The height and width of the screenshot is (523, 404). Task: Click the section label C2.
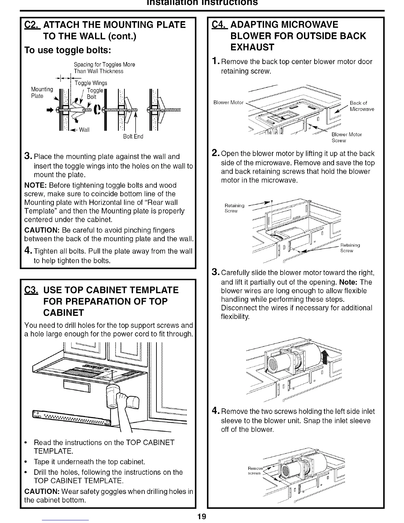pyautogui.click(x=32, y=25)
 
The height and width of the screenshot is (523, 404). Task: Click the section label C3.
pyautogui.click(x=32, y=290)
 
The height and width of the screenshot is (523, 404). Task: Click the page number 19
pyautogui.click(x=202, y=517)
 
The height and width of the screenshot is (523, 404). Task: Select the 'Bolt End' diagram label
pyautogui.click(x=133, y=136)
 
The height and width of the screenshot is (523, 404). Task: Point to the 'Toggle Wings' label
pyautogui.click(x=91, y=83)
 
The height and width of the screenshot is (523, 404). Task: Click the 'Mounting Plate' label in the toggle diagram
pyautogui.click(x=42, y=92)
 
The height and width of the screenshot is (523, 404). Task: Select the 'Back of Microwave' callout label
pyautogui.click(x=361, y=106)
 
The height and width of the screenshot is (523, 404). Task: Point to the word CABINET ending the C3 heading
pyautogui.click(x=64, y=312)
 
